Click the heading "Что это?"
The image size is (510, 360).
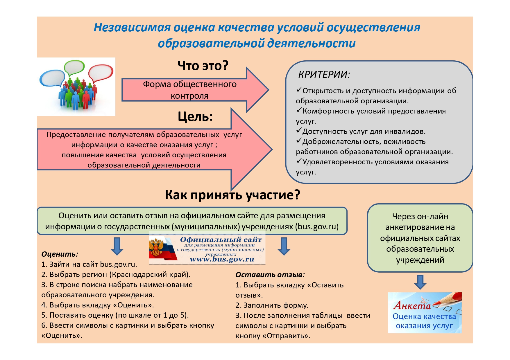click(x=203, y=66)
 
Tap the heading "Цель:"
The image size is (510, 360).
click(x=195, y=117)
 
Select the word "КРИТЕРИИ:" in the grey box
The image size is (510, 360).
click(x=324, y=75)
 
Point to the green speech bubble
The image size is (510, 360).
click(x=74, y=67)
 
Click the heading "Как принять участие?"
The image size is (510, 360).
click(x=232, y=195)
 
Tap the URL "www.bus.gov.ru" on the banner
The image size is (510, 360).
click(x=222, y=259)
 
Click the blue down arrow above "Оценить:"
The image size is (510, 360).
click(x=117, y=246)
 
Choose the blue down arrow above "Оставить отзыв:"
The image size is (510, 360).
click(x=284, y=246)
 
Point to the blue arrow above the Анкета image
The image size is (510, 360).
click(x=420, y=282)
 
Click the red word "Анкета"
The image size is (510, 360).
click(x=412, y=305)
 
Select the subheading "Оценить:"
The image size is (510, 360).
click(x=60, y=254)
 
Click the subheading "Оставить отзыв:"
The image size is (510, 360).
click(x=270, y=275)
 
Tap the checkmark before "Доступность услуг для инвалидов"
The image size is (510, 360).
click(x=299, y=131)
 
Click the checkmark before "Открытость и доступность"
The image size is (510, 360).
click(x=299, y=90)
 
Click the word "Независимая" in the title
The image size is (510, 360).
click(x=132, y=27)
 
